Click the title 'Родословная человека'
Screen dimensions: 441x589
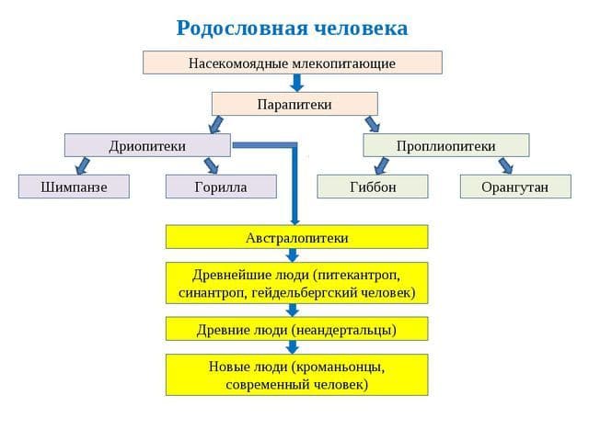pos(292,28)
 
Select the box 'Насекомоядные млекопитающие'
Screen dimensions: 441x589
pos(292,62)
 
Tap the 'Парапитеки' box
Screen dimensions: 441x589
pos(294,104)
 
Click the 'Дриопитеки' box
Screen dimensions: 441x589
pos(147,145)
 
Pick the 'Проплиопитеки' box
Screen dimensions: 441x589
pos(445,145)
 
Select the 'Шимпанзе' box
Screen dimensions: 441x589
pos(74,187)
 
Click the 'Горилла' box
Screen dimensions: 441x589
pos(221,187)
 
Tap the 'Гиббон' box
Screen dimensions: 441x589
pos(373,187)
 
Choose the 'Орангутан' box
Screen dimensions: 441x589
pos(514,187)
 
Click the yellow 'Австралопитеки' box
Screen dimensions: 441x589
pos(296,237)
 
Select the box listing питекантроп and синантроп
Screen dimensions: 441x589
pos(296,283)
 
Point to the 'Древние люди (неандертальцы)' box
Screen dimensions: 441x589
pos(296,328)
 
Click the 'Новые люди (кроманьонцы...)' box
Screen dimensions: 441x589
pos(296,374)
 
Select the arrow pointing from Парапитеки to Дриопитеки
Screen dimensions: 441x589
pos(216,124)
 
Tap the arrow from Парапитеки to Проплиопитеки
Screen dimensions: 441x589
pos(372,124)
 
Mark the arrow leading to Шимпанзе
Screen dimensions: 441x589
pos(83,165)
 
